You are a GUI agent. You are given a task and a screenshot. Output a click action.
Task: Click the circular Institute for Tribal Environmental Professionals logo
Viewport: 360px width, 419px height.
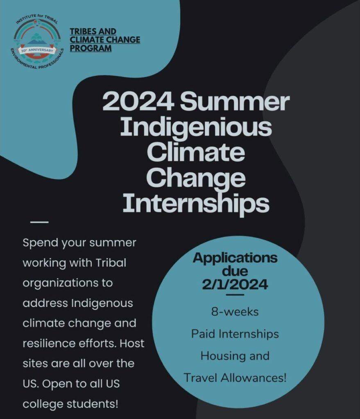[38, 41]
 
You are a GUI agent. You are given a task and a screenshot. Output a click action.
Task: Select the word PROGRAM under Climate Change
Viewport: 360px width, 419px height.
[91, 48]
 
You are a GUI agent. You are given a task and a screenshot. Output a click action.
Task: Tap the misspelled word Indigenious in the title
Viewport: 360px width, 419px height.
[196, 128]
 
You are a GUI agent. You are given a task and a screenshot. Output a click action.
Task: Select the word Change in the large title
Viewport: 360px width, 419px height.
[196, 179]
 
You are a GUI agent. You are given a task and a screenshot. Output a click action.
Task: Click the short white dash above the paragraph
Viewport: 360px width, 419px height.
[39, 222]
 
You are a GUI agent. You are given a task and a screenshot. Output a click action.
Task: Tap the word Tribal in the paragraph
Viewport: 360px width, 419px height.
[111, 263]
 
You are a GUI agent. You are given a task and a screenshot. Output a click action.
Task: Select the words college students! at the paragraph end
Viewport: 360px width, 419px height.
[70, 404]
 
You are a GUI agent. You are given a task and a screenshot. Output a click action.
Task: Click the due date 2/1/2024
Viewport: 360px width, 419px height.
[235, 284]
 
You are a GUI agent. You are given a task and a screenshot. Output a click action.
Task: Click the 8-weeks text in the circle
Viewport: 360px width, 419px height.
[235, 312]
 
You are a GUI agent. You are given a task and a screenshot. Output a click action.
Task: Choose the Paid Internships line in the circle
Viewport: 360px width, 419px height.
[235, 334]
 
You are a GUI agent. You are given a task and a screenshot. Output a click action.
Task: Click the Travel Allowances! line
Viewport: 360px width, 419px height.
[235, 378]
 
